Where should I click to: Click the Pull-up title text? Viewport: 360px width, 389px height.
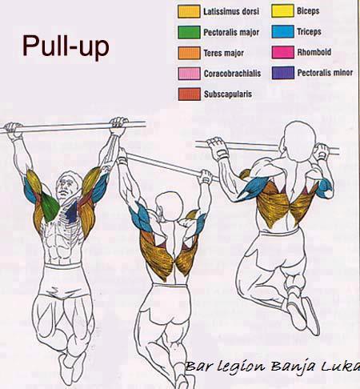pyautogui.click(x=66, y=46)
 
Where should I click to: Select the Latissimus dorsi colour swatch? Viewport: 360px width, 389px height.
pyautogui.click(x=189, y=12)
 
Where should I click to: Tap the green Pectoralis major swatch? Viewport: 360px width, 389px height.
pyautogui.click(x=189, y=32)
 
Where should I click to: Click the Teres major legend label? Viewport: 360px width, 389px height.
pyautogui.click(x=224, y=53)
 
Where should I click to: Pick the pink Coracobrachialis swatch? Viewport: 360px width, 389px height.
pyautogui.click(x=189, y=74)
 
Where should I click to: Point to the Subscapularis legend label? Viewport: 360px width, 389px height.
pyautogui.click(x=228, y=94)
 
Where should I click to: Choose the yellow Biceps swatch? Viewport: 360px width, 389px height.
pyautogui.click(x=282, y=11)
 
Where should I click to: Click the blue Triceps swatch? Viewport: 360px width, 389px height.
pyautogui.click(x=283, y=31)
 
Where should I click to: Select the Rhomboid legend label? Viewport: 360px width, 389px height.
pyautogui.click(x=314, y=52)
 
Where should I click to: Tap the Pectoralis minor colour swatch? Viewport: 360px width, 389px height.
pyautogui.click(x=283, y=73)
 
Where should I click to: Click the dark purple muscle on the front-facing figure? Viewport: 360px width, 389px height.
pyautogui.click(x=72, y=212)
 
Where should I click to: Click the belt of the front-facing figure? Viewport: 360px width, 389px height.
pyautogui.click(x=62, y=267)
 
